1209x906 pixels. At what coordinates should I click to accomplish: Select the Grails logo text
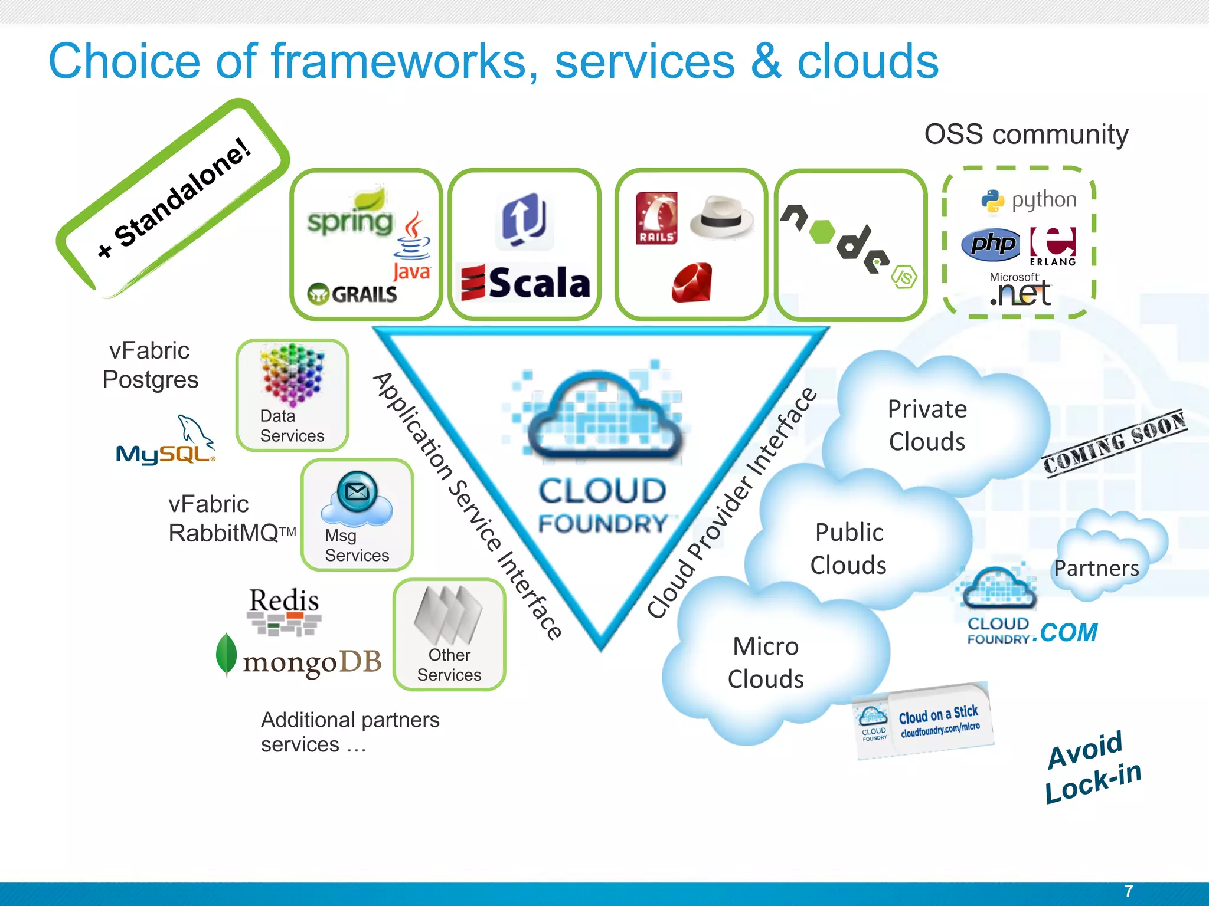pos(352,294)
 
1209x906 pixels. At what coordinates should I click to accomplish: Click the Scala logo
pos(525,283)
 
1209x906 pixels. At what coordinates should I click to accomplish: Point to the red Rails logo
pos(656,218)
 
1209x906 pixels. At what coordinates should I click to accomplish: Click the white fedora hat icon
pos(721,217)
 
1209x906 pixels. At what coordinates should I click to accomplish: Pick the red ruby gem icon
pos(692,283)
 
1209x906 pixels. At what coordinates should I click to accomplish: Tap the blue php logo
pos(991,244)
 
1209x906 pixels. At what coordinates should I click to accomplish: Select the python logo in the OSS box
pos(1029,201)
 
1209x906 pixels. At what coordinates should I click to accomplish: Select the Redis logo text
pos(284,601)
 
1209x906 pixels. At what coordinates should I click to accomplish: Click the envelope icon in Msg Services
pos(357,491)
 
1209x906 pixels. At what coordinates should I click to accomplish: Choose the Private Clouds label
pos(927,425)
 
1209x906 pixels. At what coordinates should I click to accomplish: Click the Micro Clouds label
pos(766,662)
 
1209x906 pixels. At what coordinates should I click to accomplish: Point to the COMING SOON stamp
pos(1114,442)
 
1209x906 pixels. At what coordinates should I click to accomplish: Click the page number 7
pos(1128,891)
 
